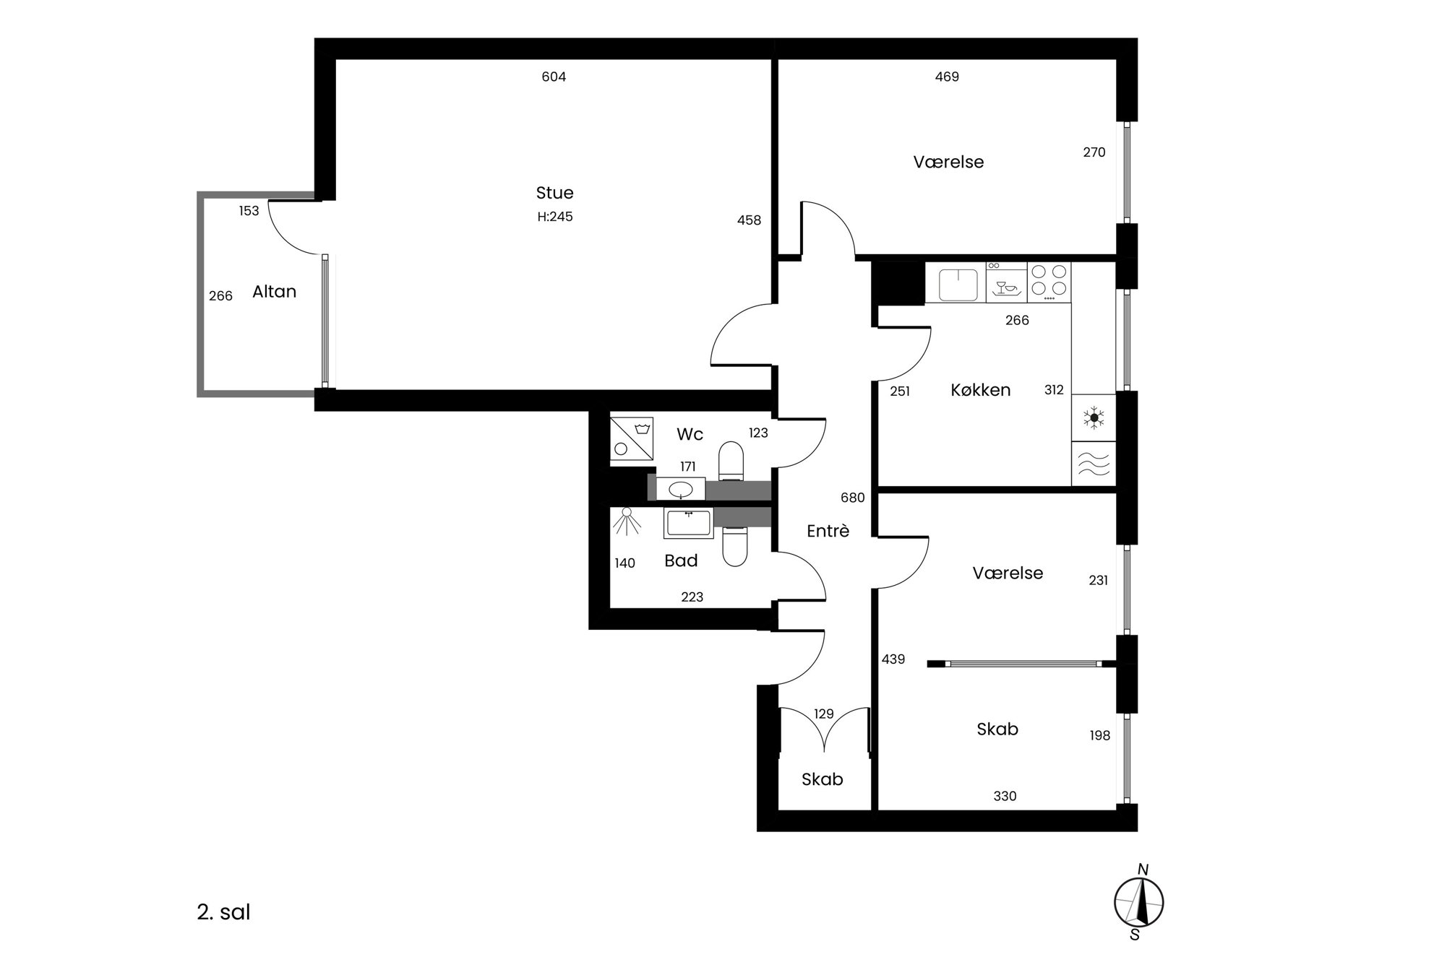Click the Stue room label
coord(554,193)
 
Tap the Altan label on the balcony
coord(274,292)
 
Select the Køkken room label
coord(980,390)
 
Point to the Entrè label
coord(828,531)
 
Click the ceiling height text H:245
coord(555,217)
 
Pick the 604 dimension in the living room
coord(554,77)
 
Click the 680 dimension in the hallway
coord(853,498)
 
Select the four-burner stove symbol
coord(1049,282)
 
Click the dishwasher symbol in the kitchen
coord(1007,282)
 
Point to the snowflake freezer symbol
coord(1094,418)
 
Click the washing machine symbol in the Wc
coord(632,438)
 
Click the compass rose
coord(1138,903)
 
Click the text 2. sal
coord(223,912)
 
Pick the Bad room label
coord(681,561)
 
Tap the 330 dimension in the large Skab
coord(1005,796)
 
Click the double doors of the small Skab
coord(824,731)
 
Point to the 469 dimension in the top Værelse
coord(947,77)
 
